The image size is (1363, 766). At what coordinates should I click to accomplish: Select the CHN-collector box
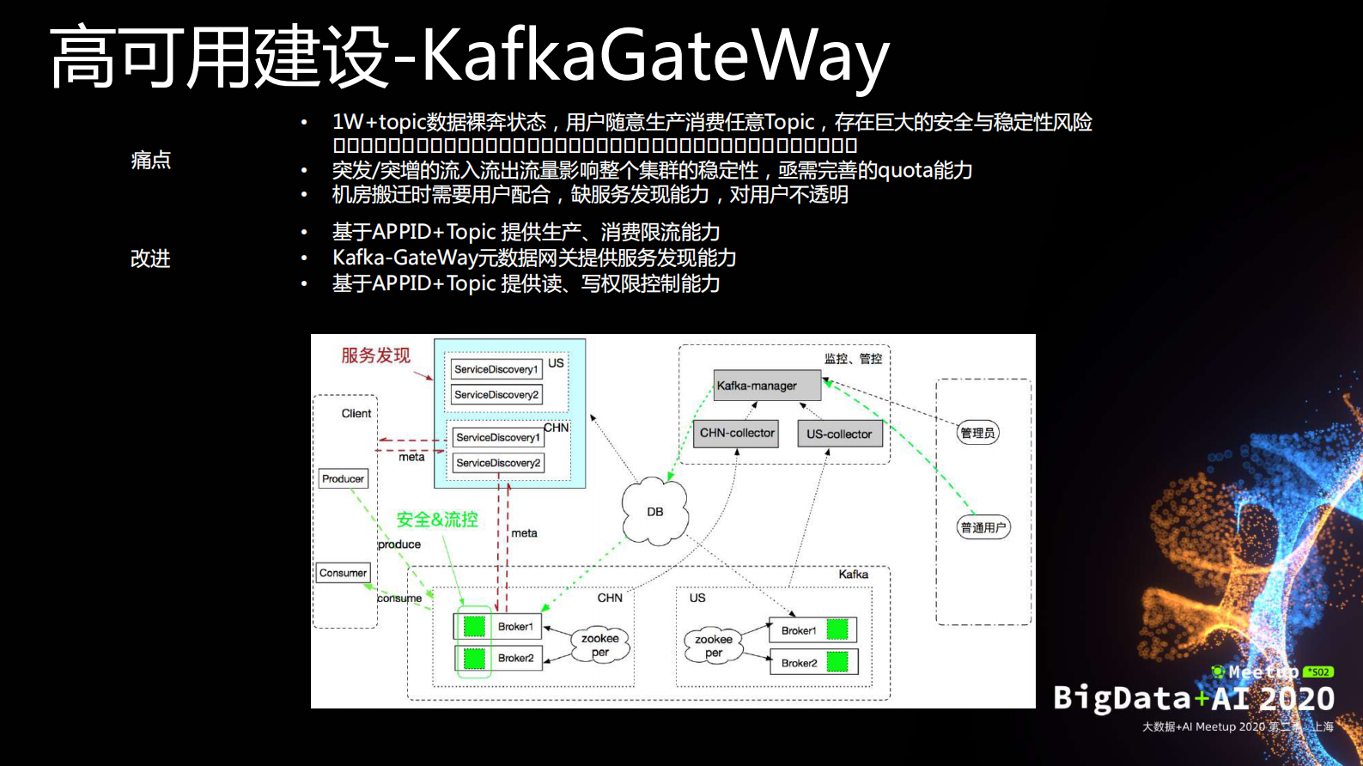point(736,434)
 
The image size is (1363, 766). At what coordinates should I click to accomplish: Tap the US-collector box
point(839,435)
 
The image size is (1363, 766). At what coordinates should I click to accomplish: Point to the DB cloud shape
point(655,512)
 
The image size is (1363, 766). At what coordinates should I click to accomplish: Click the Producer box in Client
point(343,479)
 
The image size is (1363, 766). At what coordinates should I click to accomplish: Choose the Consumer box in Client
point(343,573)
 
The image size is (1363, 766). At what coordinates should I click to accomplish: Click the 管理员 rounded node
point(977,433)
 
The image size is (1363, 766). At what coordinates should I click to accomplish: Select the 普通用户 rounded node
point(983,527)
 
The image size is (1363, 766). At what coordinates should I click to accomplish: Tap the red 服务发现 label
point(375,356)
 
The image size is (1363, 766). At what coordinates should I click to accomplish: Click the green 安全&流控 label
point(436,520)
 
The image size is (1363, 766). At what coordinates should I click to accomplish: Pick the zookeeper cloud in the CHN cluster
point(599,645)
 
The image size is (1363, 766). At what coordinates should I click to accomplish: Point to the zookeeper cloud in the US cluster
point(713,646)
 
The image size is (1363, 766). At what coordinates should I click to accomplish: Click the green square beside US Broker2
point(837,662)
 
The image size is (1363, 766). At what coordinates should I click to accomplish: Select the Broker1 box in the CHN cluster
point(498,627)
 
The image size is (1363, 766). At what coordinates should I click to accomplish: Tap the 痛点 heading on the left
point(150,161)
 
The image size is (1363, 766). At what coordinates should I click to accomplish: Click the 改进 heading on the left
point(150,258)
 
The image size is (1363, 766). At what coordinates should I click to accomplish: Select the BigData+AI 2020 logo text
point(1193,698)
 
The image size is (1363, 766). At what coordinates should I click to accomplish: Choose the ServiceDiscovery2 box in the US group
point(496,395)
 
